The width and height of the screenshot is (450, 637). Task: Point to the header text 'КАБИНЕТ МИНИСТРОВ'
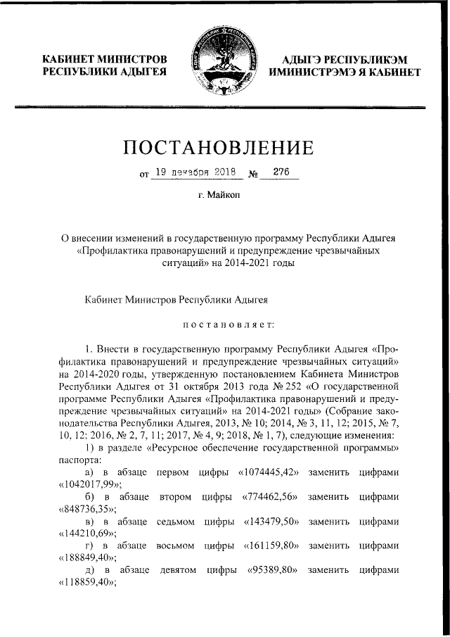tap(105, 58)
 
